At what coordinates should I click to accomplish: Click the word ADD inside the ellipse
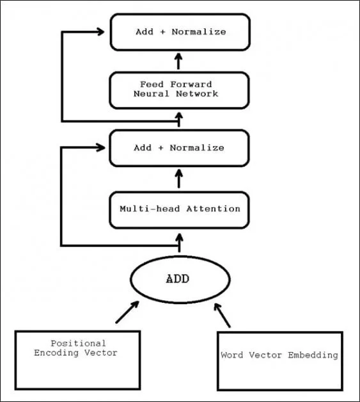coord(178,279)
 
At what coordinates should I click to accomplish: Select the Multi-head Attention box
coord(179,210)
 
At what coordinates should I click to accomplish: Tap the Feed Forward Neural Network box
coord(179,90)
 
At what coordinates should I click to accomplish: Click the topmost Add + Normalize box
coord(180,32)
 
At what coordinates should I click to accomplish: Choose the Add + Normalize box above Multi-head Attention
coord(179,148)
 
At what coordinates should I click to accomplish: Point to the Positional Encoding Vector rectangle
coord(77,360)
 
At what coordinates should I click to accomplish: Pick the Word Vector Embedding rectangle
coord(280,361)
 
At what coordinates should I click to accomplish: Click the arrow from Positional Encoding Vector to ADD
coord(127,312)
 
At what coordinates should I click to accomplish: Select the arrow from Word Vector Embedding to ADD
coord(222,315)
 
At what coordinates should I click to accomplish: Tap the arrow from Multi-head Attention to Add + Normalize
coord(178,179)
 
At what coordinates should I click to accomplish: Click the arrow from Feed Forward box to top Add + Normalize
coord(178,61)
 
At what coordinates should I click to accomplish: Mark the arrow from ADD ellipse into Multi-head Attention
coord(179,243)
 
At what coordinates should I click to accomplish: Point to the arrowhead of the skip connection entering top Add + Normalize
coord(100,31)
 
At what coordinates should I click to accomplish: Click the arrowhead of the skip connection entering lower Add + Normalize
coord(100,147)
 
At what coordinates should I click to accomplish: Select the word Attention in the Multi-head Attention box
coord(214,209)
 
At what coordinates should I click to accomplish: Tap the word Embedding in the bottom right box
coord(313,355)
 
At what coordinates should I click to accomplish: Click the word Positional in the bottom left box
coord(79,343)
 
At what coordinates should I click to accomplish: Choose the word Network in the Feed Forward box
coord(197,94)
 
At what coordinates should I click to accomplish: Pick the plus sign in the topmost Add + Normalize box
coord(162,32)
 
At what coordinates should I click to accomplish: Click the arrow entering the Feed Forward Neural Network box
coord(179,120)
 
